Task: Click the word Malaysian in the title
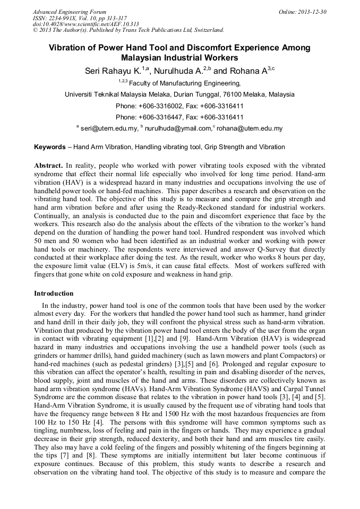pyautogui.click(x=144, y=58)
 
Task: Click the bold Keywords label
pyautogui.click(x=50, y=147)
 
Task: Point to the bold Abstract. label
pyautogui.click(x=49, y=166)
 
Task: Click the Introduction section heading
pyautogui.click(x=54, y=294)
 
